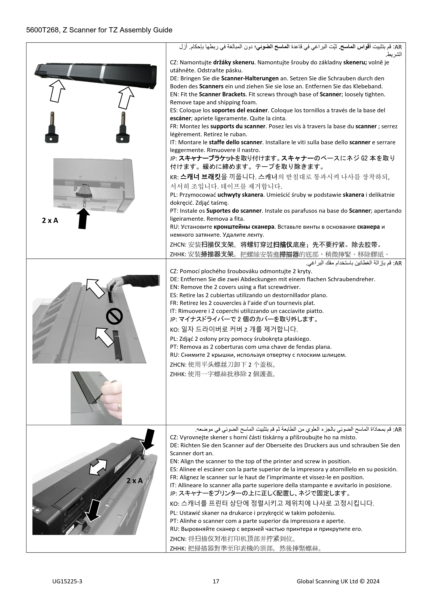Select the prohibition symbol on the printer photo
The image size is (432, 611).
tap(114, 316)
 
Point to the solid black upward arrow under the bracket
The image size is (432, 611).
tap(83, 218)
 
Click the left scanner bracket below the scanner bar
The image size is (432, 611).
tap(52, 127)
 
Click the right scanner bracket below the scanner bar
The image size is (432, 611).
tap(123, 127)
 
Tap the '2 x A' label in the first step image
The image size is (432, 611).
tap(50, 220)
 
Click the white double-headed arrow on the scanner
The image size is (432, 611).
tap(98, 467)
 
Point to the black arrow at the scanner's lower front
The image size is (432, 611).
tap(93, 510)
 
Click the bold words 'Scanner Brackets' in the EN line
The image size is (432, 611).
tap(222, 94)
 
